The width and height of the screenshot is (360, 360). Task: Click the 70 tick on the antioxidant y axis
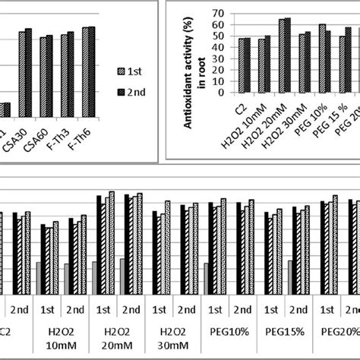pyautogui.click(x=217, y=13)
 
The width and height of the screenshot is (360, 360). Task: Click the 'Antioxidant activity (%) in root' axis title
pyautogui.click(x=194, y=53)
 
